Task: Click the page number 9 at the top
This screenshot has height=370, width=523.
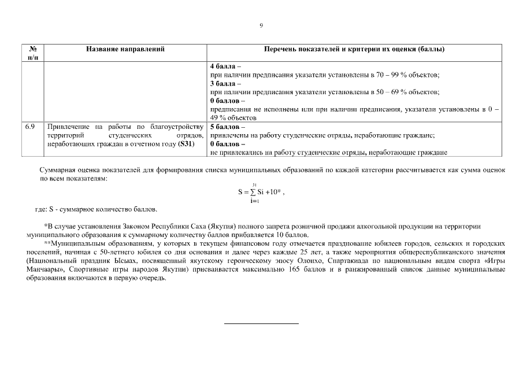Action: [261, 26]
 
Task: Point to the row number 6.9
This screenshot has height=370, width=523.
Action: [30, 126]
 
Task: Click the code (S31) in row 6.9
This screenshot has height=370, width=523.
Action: [186, 143]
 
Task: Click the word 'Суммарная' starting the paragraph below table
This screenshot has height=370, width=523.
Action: [57, 171]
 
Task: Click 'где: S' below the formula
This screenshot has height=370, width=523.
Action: [46, 209]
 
